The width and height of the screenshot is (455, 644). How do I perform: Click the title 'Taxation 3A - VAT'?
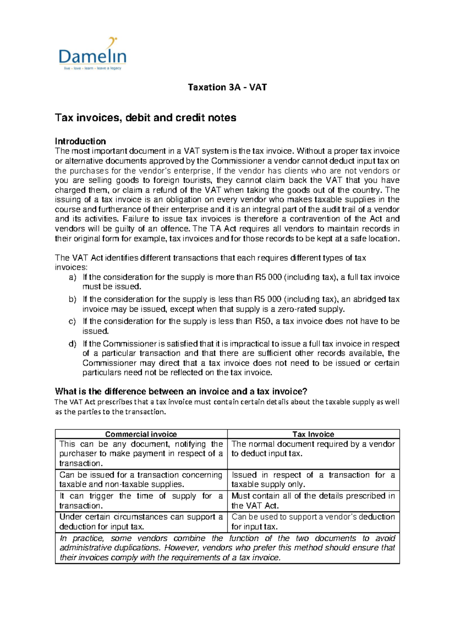coord(227,87)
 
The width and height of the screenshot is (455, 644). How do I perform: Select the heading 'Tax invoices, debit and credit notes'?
coord(146,118)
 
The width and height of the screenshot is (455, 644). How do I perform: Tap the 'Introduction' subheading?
coord(80,141)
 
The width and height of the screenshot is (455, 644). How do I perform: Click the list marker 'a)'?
coord(72,278)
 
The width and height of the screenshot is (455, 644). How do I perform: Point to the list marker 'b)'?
coord(72,300)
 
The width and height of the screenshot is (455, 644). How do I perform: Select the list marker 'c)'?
coord(72,322)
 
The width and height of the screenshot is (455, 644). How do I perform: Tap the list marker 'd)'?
coord(72,344)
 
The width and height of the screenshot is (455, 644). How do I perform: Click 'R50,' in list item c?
coord(263,322)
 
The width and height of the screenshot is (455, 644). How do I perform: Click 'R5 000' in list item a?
coord(268,278)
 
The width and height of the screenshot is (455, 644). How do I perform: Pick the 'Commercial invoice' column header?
coord(141,434)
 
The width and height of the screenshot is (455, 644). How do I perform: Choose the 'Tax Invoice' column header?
coord(313,434)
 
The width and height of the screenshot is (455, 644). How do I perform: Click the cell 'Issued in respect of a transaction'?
coord(313,480)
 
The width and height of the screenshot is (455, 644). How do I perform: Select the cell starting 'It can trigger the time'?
coord(141,500)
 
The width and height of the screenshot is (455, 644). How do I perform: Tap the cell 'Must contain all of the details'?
coord(313,500)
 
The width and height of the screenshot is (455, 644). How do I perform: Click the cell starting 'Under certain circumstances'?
coord(141,522)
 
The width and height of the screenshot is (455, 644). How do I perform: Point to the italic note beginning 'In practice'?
coord(227,548)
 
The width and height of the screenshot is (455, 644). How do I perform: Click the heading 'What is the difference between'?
coord(181,391)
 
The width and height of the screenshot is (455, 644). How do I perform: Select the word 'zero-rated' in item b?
coord(297,309)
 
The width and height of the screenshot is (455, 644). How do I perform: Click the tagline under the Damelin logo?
coord(93,68)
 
